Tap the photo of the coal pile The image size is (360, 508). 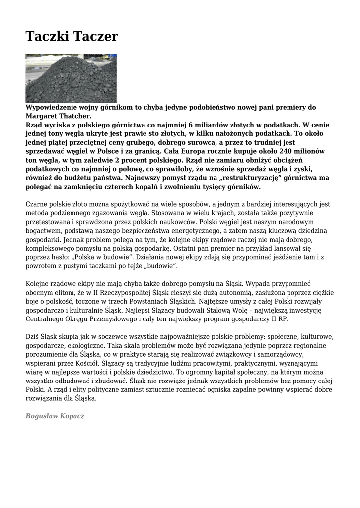coord(71,78)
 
